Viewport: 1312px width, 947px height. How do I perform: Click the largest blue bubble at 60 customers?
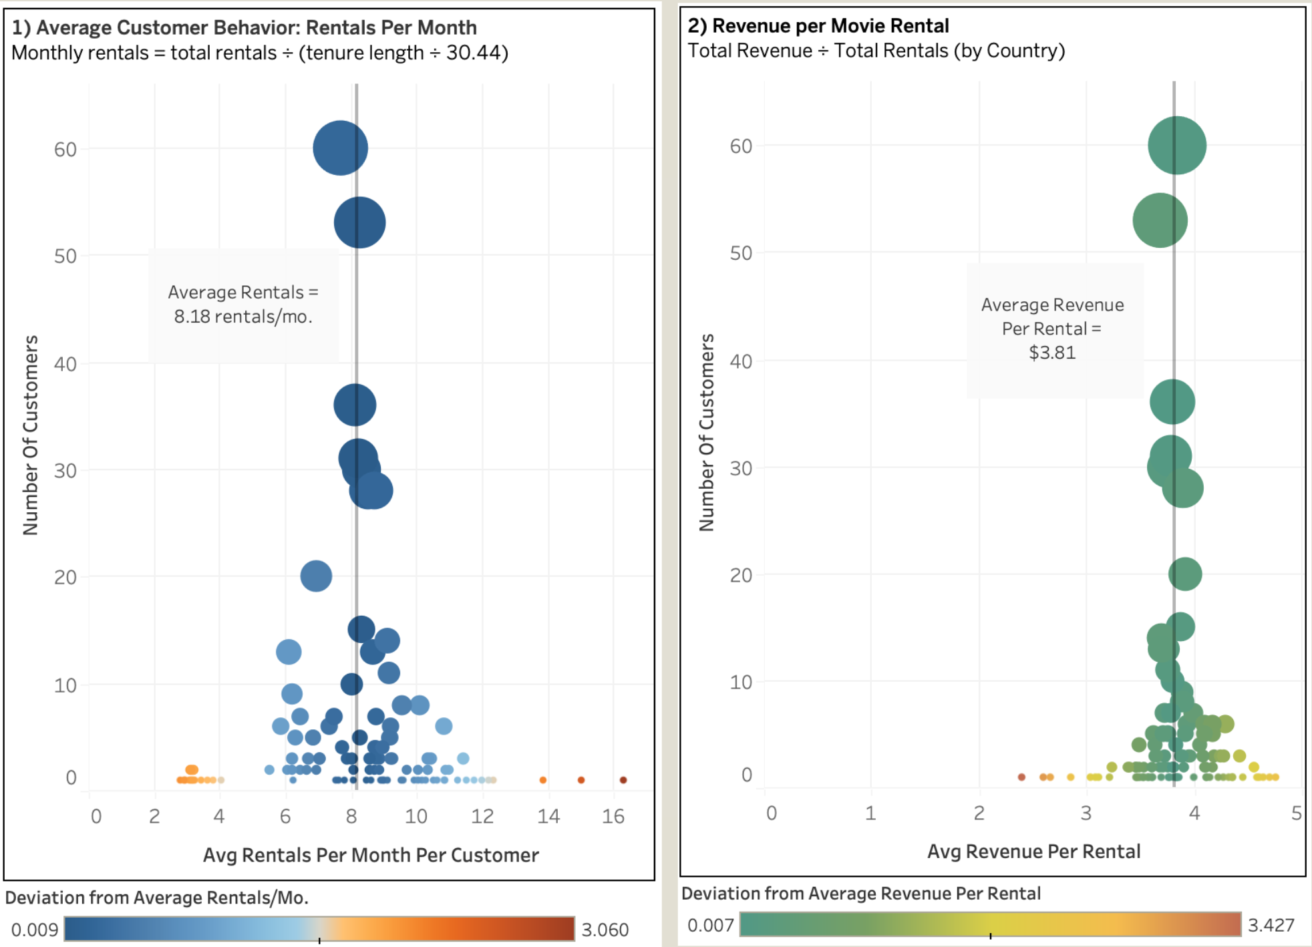click(340, 148)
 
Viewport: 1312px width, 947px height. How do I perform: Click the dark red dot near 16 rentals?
click(623, 779)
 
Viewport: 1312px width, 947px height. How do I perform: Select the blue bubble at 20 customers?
click(316, 576)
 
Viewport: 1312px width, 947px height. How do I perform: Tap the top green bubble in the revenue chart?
click(1176, 145)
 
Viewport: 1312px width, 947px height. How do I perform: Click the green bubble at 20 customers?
click(1185, 574)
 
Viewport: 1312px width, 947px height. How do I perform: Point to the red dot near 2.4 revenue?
click(1021, 777)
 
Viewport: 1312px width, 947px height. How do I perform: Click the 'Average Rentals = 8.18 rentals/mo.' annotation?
click(243, 305)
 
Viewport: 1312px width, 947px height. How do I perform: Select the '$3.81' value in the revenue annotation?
click(1052, 353)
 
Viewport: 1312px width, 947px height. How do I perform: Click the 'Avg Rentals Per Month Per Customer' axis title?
click(371, 855)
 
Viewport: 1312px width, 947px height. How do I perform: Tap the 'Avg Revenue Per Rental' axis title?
click(1033, 851)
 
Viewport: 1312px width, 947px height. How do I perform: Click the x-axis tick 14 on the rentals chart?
click(548, 816)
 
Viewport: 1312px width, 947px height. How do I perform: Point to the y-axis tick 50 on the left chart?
click(65, 256)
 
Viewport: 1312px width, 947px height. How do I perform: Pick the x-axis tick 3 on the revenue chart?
click(1086, 813)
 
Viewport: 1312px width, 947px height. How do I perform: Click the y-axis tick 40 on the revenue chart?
click(741, 361)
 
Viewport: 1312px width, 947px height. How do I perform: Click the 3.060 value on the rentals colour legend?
click(605, 930)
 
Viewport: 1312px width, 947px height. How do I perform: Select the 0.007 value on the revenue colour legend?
click(710, 925)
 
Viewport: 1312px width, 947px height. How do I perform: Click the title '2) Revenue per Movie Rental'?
click(818, 25)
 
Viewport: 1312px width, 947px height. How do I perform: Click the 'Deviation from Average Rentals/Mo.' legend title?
click(157, 898)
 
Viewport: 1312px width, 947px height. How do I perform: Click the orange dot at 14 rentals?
click(542, 779)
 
